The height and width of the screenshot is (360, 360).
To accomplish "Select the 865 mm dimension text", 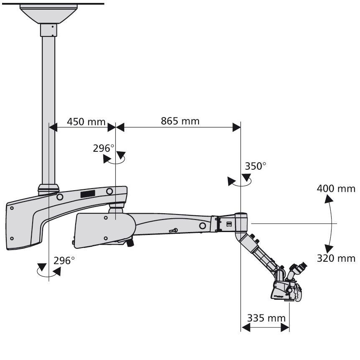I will pyautogui.click(x=180, y=121).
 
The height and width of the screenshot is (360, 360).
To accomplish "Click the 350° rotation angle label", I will pyautogui.click(x=255, y=166).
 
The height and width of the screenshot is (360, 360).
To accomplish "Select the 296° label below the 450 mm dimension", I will pyautogui.click(x=104, y=148).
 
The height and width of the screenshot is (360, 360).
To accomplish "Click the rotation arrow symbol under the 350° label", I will pyautogui.click(x=239, y=181).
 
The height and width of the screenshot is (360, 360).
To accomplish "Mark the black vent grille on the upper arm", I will pyautogui.click(x=87, y=194).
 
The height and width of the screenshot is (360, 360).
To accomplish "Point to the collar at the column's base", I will pyautogui.click(x=49, y=189).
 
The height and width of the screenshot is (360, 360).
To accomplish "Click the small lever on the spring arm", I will pyautogui.click(x=173, y=230).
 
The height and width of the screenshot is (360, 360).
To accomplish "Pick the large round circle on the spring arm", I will pyautogui.click(x=202, y=226).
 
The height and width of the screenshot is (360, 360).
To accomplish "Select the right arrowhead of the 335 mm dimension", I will pyautogui.click(x=285, y=327).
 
